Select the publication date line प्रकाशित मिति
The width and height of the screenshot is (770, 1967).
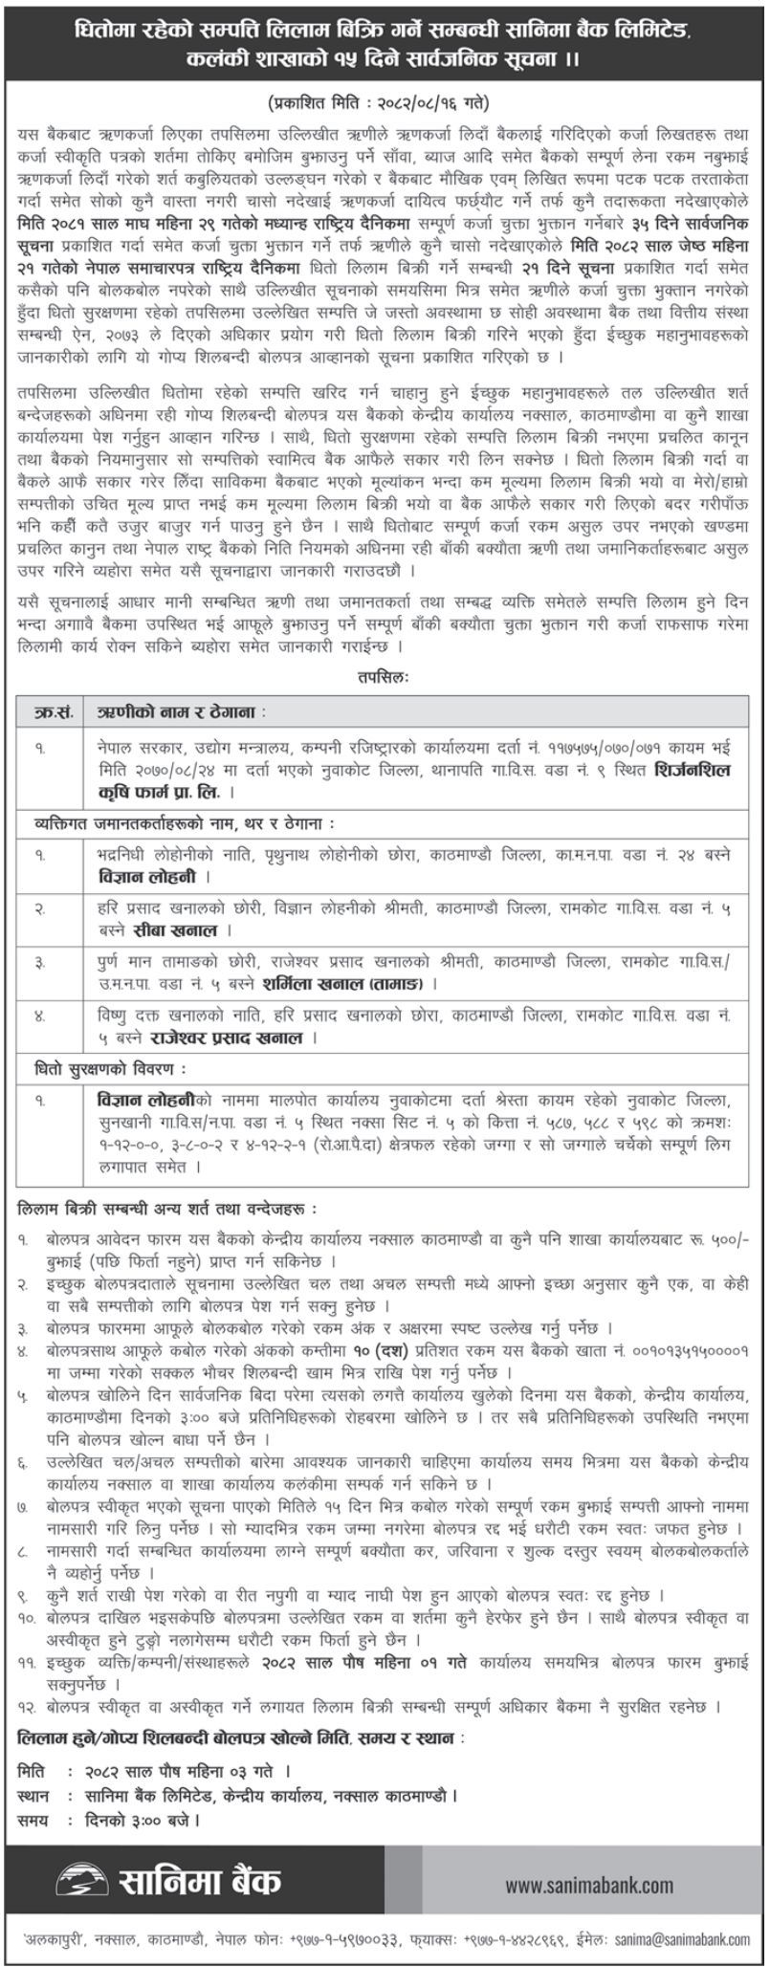click(384, 98)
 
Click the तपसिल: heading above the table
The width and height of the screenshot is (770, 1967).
click(384, 676)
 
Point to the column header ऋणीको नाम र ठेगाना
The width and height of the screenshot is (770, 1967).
click(182, 712)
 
